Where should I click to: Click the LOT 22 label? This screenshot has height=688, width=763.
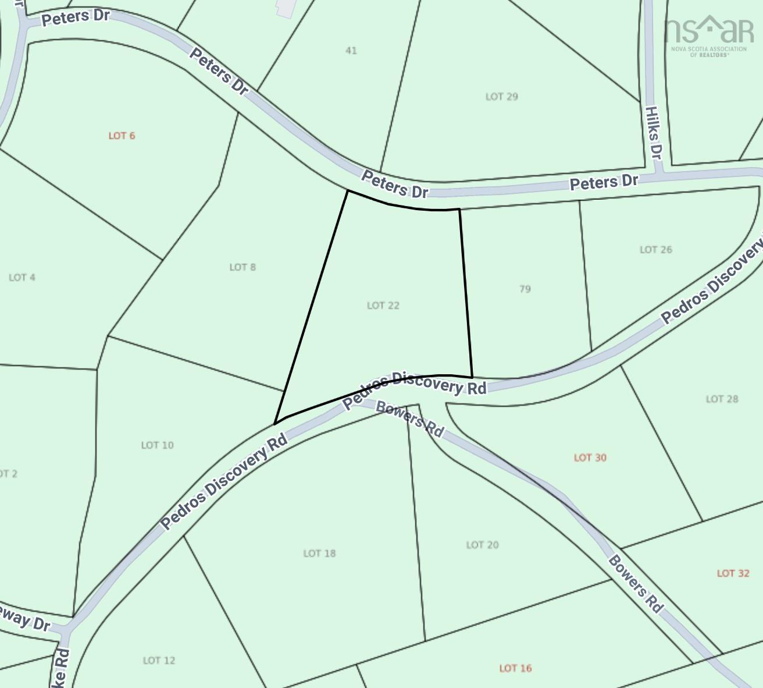(383, 305)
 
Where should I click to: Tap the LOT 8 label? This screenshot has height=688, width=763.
(243, 267)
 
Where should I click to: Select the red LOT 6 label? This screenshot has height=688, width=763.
(122, 136)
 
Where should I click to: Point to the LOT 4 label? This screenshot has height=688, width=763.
(22, 277)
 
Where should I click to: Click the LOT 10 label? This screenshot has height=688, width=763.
(157, 445)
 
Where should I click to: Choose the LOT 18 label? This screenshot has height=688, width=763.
(319, 553)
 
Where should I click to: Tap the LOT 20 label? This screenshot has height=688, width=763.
(482, 545)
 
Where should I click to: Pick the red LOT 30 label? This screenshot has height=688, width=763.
(590, 458)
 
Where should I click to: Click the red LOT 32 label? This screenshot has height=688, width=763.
(733, 573)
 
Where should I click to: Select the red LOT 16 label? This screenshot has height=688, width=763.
(515, 668)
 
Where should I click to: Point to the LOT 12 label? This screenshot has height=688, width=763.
(159, 661)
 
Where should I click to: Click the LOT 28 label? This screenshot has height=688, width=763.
(722, 399)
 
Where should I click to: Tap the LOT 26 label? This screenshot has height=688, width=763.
(655, 250)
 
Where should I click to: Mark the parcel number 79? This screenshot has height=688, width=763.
(525, 289)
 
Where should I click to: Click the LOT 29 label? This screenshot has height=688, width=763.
(501, 97)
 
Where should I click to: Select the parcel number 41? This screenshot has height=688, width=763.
(351, 51)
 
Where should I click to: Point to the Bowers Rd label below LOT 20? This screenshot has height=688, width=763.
(636, 584)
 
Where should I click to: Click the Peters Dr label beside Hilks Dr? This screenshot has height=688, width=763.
(604, 183)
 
